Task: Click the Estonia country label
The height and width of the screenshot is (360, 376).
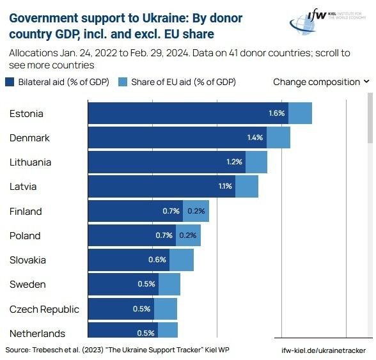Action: pos(26,114)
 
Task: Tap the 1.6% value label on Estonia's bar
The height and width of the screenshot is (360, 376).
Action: pos(276,114)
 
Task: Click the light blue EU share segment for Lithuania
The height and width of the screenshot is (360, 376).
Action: pos(256,162)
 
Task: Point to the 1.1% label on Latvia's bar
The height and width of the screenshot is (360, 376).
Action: pos(225,187)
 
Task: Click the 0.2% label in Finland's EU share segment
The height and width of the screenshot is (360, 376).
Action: pos(196,211)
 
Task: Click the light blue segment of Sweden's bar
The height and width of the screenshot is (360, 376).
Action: pos(169,284)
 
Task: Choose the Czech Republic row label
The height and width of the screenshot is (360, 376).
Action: pos(44,309)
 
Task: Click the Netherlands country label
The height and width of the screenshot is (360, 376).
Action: pos(37,333)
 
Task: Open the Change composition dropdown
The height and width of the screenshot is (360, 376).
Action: pos(321,82)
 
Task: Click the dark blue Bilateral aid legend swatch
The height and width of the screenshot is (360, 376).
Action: pos(10,82)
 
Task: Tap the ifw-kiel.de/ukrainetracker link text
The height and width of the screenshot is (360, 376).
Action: pos(323,350)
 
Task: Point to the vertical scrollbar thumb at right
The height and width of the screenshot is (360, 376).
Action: pos(370,118)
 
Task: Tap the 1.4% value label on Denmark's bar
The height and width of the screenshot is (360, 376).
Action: pos(255,138)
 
